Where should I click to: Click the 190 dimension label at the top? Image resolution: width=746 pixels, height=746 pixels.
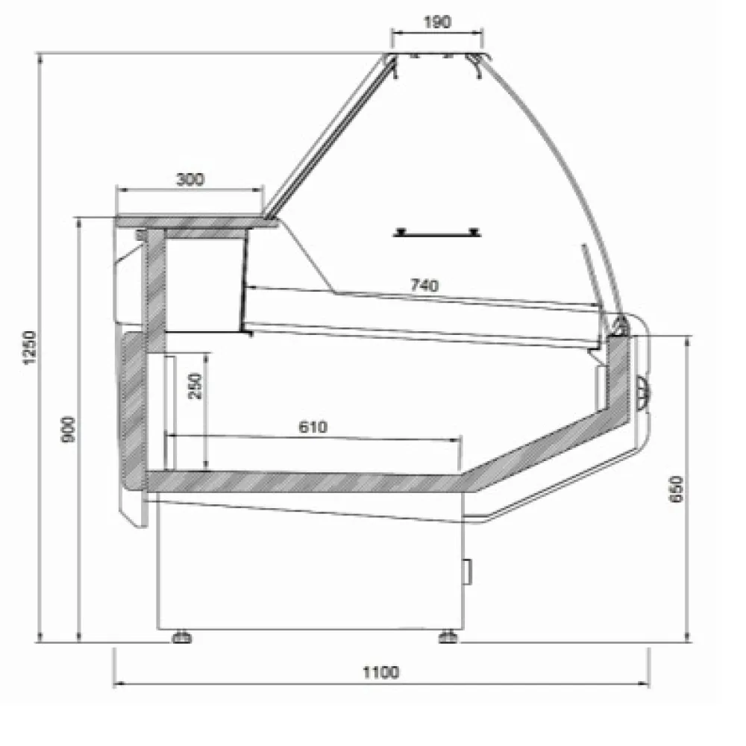click(x=437, y=22)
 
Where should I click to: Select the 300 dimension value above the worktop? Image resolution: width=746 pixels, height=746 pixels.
click(x=189, y=179)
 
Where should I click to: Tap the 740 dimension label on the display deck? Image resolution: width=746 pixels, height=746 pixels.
click(x=424, y=284)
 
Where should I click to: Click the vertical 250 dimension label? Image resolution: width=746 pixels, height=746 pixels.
click(x=195, y=385)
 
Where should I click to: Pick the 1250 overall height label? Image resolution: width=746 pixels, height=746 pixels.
click(x=29, y=347)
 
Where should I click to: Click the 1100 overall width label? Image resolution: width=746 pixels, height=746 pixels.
click(x=381, y=672)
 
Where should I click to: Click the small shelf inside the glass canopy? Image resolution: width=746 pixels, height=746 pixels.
click(x=437, y=233)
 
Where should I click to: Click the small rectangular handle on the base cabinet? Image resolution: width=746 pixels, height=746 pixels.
click(x=468, y=571)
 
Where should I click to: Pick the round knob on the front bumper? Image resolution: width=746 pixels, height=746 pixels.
click(x=643, y=389)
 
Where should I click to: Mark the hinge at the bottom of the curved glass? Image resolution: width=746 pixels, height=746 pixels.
click(x=618, y=324)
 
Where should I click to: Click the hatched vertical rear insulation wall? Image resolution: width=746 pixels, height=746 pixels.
click(x=155, y=291)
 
